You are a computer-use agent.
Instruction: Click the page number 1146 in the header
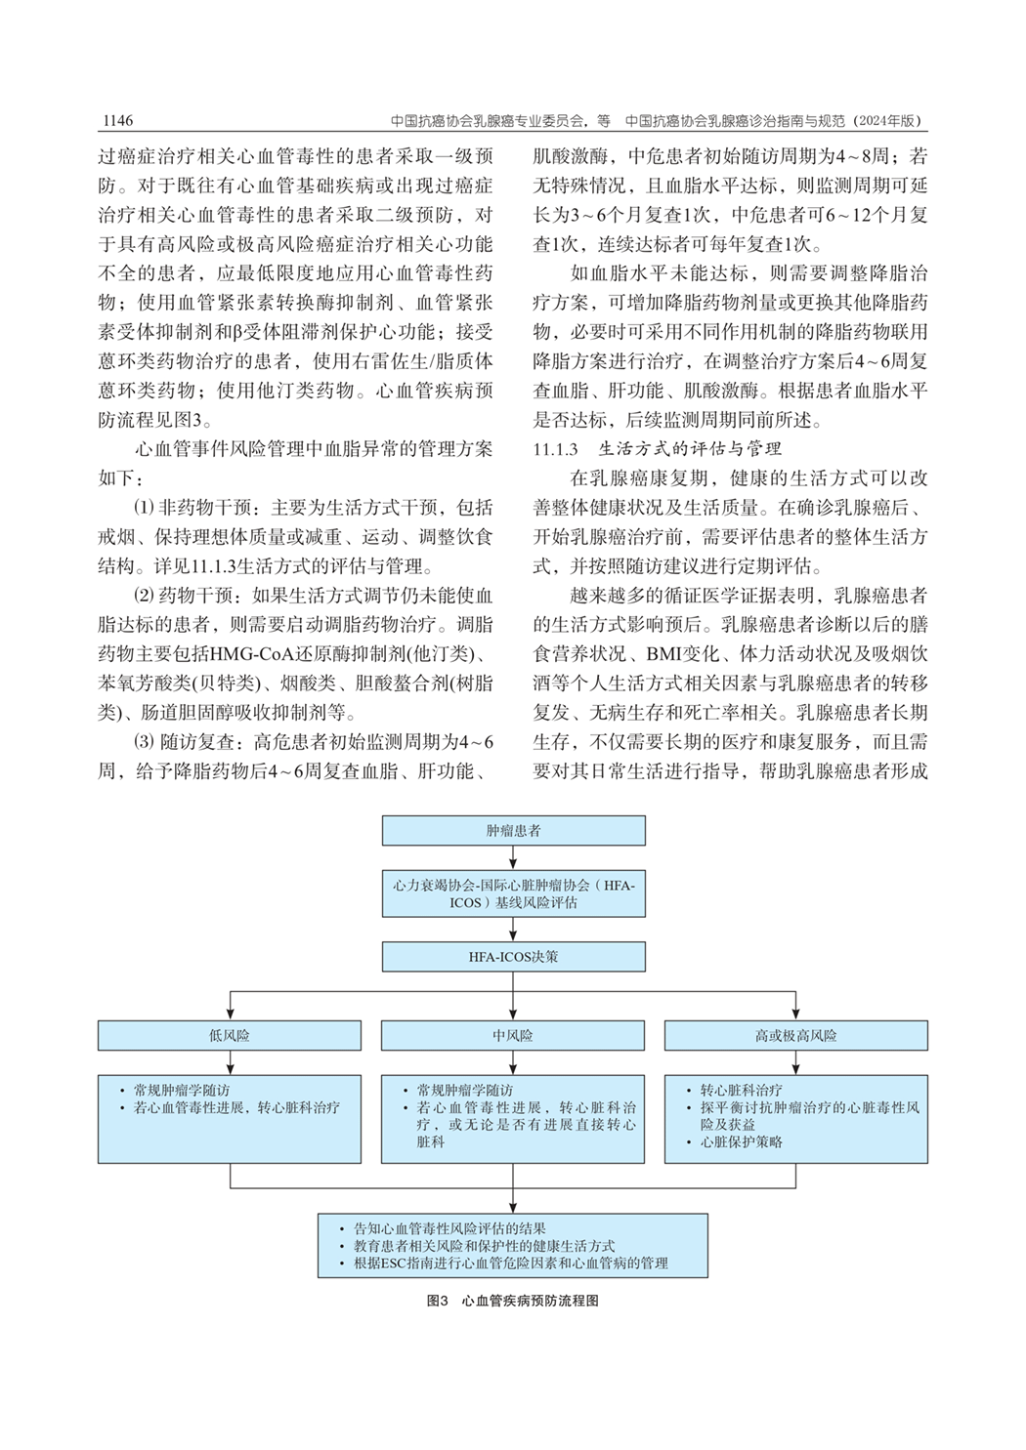116,121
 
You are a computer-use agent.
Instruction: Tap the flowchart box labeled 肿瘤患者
513,831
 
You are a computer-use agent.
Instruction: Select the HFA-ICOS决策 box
513,957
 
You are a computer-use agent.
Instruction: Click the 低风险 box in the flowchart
230,1035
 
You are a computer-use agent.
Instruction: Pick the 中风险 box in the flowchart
513,1035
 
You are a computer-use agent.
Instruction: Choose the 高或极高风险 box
795,1035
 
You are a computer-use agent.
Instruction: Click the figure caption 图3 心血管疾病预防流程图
512,1301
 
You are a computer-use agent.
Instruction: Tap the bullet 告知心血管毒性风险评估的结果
449,1228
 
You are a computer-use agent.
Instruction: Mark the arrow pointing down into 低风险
230,1010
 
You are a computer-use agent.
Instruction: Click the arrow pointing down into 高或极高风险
795,1010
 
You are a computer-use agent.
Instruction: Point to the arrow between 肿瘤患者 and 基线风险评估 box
513,856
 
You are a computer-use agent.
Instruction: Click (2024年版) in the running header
887,121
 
